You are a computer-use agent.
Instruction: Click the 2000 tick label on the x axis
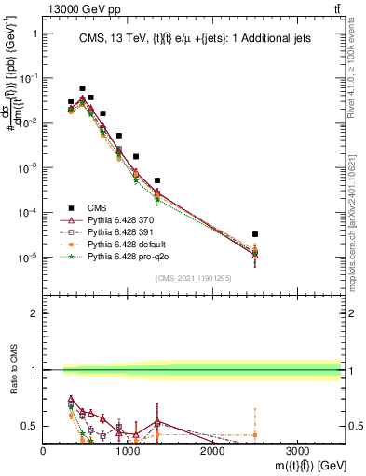pos(212,450)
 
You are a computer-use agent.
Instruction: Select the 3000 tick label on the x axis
pos(297,450)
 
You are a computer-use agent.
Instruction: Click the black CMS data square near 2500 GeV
pos(255,234)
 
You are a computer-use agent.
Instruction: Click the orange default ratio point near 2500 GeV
pos(255,434)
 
